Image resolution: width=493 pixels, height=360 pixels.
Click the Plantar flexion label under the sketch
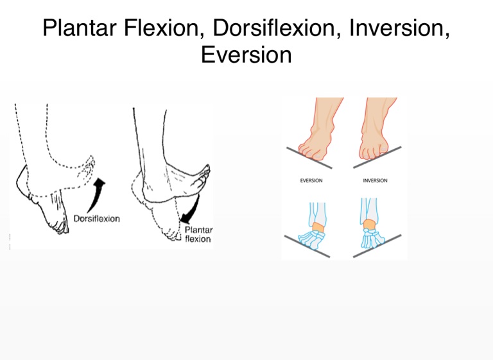coord(198,234)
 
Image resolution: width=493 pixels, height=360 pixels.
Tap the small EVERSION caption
coord(311,181)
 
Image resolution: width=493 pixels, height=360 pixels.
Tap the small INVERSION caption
coord(375,181)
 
